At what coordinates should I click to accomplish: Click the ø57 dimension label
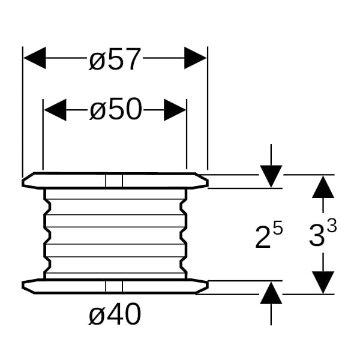tap(115, 59)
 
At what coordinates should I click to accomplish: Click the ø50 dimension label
tap(115, 110)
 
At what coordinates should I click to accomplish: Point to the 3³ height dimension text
tap(322, 235)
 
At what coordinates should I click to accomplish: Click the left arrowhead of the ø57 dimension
tap(34, 59)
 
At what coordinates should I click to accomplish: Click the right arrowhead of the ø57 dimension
tap(196, 59)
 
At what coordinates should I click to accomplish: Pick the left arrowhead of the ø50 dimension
tap(55, 110)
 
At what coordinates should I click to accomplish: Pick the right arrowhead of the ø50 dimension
tap(175, 110)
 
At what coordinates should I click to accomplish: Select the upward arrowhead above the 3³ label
tap(323, 186)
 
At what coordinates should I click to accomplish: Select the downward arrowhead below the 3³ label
tap(323, 283)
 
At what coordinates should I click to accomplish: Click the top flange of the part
tap(72, 181)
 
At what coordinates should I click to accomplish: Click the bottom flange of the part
tap(72, 287)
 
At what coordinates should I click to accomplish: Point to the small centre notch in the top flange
tap(114, 181)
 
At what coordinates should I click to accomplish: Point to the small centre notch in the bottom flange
tap(114, 287)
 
